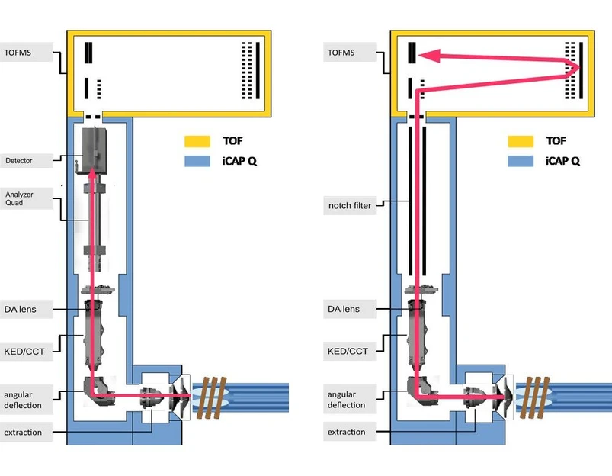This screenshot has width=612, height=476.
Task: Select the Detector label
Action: (x=19, y=160)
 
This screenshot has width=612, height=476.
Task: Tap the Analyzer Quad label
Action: (x=19, y=198)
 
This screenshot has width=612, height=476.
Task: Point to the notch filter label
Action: (x=349, y=205)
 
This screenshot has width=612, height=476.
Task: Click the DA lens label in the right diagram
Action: (x=344, y=309)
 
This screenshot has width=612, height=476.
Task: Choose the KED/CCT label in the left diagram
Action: (x=25, y=351)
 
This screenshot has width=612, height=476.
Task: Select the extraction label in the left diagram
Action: (x=23, y=433)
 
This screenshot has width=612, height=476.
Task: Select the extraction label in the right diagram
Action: (x=346, y=432)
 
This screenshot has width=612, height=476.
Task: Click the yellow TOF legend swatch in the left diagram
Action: (x=196, y=142)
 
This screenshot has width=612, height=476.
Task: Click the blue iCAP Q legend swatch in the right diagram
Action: (x=520, y=161)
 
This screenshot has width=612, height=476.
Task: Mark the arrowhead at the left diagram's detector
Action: (x=92, y=174)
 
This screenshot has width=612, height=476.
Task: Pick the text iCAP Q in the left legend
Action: (x=241, y=161)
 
